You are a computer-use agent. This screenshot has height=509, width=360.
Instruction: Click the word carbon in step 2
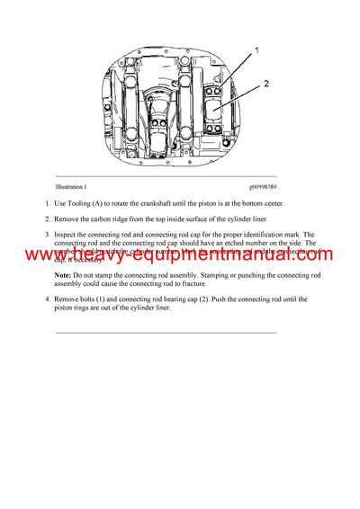coord(112,219)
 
